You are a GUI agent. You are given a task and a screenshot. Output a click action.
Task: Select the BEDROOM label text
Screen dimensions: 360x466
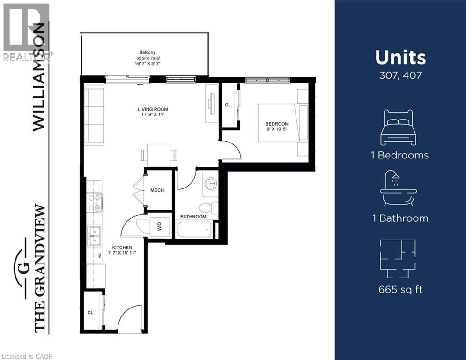tap(277, 124)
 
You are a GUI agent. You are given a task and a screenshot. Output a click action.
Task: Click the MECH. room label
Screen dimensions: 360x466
tap(157, 191)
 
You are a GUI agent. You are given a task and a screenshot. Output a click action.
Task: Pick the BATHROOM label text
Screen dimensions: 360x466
tap(193, 217)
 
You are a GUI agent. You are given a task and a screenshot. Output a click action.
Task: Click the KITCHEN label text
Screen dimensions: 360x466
tap(122, 247)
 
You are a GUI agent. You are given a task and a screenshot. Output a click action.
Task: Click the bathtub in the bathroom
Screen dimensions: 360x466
tap(194, 230)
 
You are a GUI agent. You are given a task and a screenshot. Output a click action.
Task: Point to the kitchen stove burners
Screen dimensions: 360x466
tap(95, 202)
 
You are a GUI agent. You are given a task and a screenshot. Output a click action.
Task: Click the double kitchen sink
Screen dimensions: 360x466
tap(94, 236)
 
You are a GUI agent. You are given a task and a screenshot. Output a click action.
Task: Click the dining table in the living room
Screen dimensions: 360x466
tap(158, 155)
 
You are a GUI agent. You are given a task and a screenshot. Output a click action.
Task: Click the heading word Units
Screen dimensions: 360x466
tap(400, 58)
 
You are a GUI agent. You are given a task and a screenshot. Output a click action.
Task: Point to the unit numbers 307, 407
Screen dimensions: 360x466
tap(400, 75)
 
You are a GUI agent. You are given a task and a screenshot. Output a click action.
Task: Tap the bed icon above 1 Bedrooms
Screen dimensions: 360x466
tap(398, 127)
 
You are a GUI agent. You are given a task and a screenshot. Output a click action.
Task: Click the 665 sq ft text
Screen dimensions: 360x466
tap(400, 289)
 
